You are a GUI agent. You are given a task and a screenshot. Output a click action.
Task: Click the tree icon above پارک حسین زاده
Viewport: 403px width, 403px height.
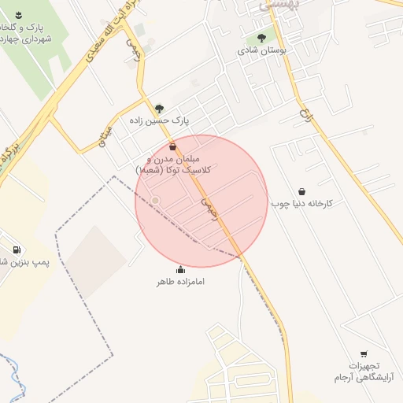[160, 109]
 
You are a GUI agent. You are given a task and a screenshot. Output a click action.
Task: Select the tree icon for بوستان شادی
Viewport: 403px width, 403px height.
[261, 36]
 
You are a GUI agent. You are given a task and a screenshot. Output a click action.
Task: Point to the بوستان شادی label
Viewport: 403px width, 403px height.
[261, 50]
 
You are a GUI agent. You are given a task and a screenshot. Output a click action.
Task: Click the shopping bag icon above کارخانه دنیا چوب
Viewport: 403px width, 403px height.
[302, 191]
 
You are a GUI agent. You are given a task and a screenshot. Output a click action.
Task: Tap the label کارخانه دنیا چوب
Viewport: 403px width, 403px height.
[302, 204]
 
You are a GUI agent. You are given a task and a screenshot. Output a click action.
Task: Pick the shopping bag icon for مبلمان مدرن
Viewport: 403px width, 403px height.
[173, 146]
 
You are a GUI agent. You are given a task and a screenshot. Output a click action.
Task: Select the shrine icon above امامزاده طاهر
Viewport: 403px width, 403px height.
[181, 270]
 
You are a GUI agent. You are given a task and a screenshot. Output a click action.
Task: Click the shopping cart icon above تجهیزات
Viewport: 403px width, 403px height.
[364, 354]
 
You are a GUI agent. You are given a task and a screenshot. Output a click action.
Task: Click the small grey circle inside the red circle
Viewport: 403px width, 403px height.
[156, 201]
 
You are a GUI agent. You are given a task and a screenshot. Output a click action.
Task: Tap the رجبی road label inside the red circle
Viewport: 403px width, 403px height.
[208, 206]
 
